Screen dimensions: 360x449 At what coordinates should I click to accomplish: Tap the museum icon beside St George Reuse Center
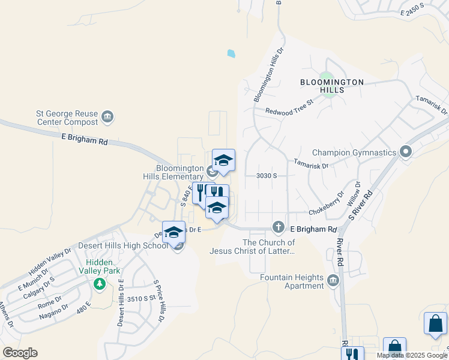(108, 116)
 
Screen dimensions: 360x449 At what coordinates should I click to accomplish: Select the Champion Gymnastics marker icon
(406, 152)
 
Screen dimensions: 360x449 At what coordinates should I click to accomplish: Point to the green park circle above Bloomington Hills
(326, 76)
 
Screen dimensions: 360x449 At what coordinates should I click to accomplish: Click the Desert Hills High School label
(123, 246)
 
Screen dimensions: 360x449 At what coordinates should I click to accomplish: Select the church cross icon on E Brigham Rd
(278, 227)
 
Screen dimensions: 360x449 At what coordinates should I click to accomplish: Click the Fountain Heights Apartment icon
(333, 280)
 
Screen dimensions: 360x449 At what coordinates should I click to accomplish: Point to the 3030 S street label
(266, 175)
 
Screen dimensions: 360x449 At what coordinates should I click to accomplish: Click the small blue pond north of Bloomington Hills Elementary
(231, 53)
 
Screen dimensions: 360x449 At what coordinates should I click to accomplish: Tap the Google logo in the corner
(20, 353)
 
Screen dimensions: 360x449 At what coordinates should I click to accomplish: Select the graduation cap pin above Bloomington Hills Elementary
(223, 160)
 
